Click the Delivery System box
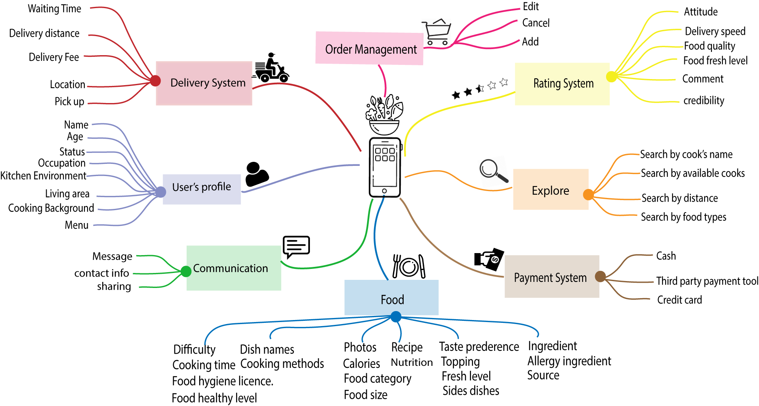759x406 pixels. tap(204, 83)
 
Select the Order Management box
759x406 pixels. tap(369, 49)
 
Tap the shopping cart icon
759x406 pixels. tap(436, 32)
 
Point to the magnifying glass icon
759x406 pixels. tap(493, 170)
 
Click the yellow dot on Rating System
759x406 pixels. tap(611, 76)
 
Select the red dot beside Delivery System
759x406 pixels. tap(155, 81)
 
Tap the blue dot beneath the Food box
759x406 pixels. tap(396, 316)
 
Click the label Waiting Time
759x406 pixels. tap(54, 9)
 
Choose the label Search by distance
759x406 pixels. tap(679, 198)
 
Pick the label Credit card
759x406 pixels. tap(679, 300)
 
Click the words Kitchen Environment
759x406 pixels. tap(43, 176)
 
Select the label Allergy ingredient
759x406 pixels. tap(569, 361)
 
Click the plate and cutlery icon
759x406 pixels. tap(409, 266)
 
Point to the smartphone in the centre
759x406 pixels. tap(385, 168)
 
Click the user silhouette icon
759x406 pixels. tap(256, 174)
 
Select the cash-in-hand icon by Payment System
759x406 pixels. tap(489, 259)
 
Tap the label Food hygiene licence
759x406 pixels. tap(222, 381)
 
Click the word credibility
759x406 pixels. tap(703, 101)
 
